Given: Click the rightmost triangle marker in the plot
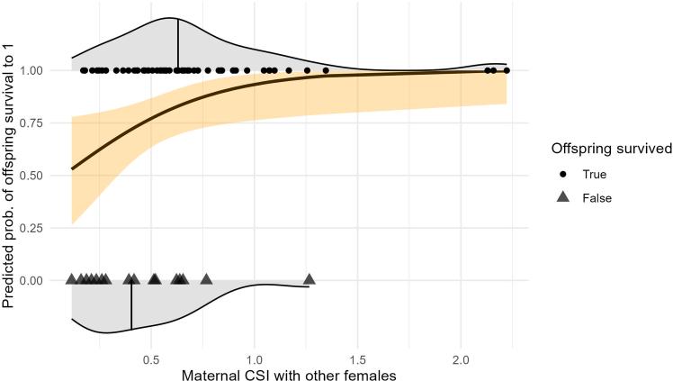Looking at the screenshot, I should pos(310,279).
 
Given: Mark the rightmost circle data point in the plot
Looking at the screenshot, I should pos(507,70).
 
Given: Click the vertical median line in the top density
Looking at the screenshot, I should pos(178,43).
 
